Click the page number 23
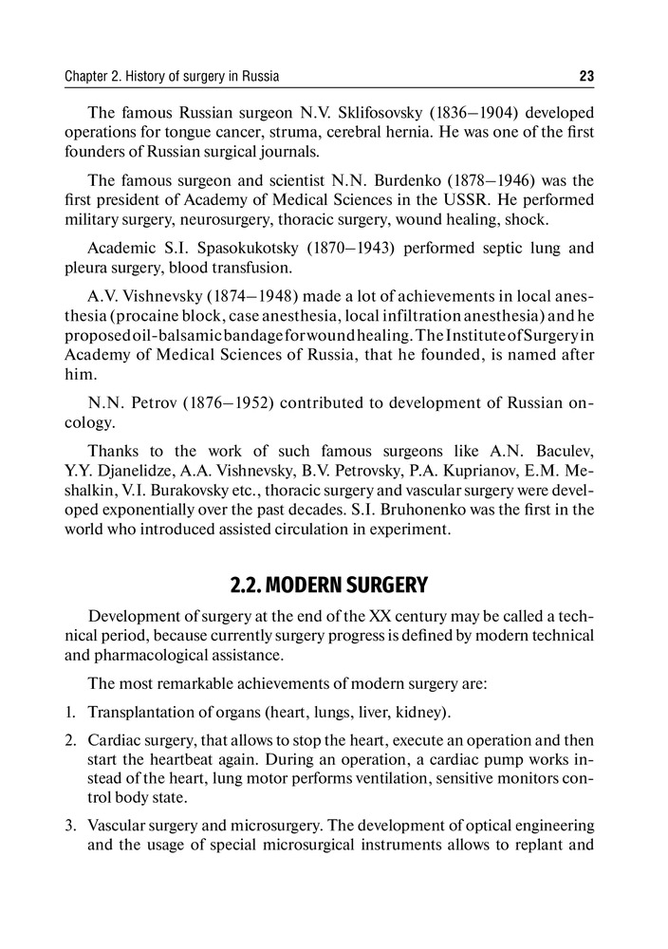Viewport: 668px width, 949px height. (x=585, y=76)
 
